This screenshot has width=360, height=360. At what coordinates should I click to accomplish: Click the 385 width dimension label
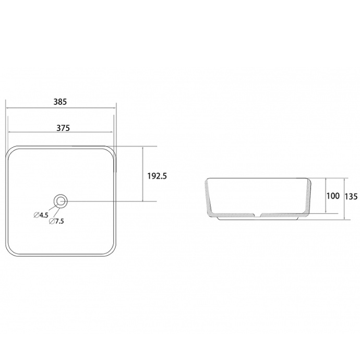(x=60, y=102)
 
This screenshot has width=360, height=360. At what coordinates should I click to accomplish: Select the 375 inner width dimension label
(x=63, y=128)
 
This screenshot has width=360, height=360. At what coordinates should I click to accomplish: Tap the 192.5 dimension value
(x=157, y=176)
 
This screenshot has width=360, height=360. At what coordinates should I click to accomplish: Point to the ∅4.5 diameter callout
(x=41, y=215)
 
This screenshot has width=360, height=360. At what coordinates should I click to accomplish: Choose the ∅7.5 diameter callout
(x=56, y=221)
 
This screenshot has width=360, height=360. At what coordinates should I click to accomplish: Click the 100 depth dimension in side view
(x=333, y=196)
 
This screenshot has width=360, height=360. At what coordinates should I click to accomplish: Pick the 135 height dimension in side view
(x=351, y=196)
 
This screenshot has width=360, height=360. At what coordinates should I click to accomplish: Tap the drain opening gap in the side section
(x=258, y=214)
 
